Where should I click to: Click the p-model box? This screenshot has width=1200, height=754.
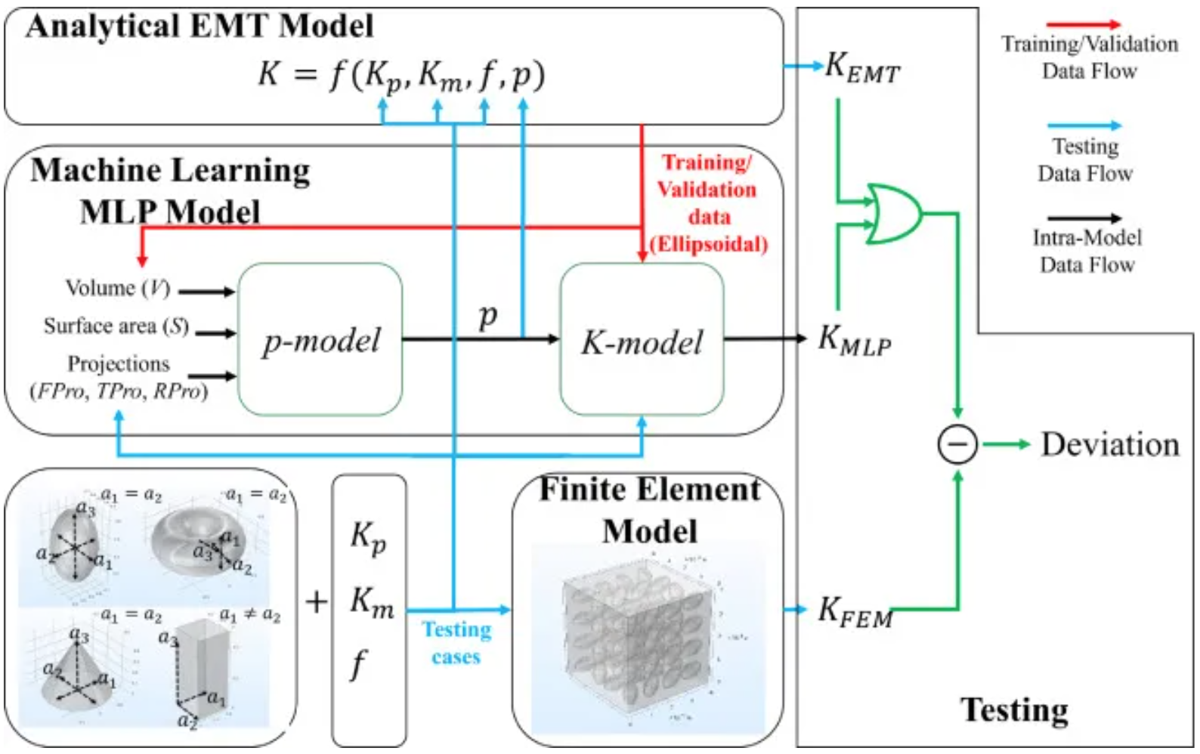coord(320,340)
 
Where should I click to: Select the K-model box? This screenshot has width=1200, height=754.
coord(642,340)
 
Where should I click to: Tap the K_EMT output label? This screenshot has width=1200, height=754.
coord(861,68)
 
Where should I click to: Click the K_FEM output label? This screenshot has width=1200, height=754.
coord(855,612)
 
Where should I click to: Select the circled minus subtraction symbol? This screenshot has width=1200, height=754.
coord(957,444)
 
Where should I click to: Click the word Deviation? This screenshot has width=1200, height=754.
coord(1110,444)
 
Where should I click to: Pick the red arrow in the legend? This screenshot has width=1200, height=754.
coord(1084,25)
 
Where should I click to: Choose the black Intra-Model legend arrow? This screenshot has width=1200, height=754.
coord(1084,218)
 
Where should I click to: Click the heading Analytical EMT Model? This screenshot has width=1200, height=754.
coord(199,26)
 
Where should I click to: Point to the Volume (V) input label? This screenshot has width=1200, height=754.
coord(118,289)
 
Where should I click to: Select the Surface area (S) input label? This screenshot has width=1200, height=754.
coord(116,326)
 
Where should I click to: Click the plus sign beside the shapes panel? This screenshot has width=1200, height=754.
coord(317,602)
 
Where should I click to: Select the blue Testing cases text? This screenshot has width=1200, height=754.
coord(456,642)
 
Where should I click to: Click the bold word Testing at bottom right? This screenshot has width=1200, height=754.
coord(1014,710)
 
